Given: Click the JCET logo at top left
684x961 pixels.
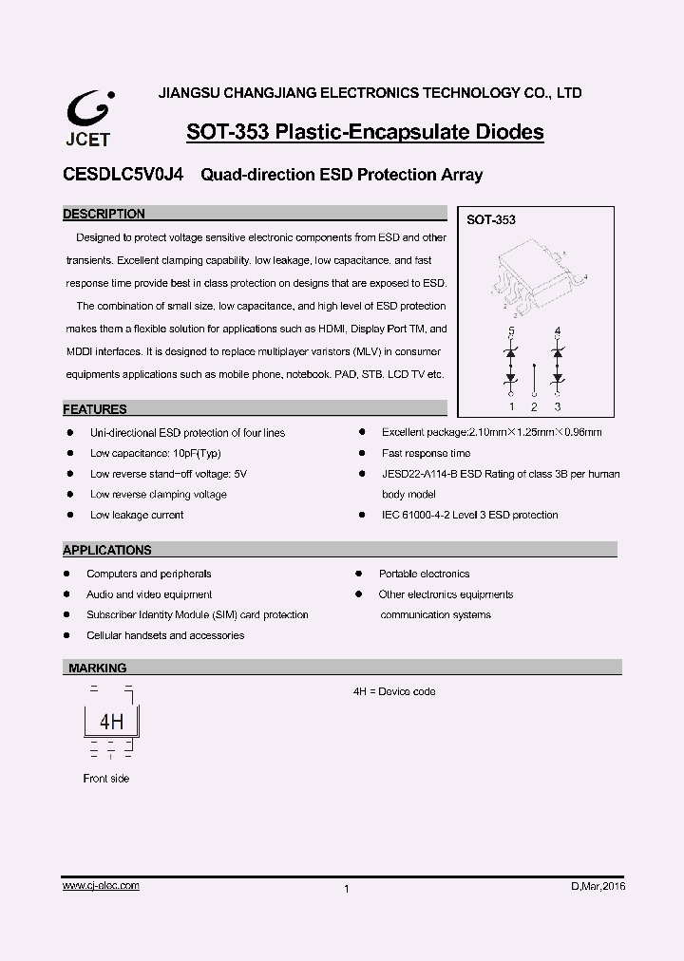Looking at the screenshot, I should [x=89, y=119].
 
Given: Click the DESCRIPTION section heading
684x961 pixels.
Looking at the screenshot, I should [x=104, y=214].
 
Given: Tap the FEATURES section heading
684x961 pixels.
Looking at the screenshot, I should [x=94, y=409].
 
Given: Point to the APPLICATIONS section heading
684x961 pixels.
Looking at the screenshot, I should [x=106, y=550].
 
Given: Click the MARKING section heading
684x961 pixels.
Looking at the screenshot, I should [x=97, y=668].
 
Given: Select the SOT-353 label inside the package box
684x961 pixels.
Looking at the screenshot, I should [x=490, y=219].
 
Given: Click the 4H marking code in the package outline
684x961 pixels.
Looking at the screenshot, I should [x=111, y=722].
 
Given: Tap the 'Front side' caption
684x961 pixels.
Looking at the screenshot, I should [x=105, y=779].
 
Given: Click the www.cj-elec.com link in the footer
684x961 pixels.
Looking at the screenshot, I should [x=101, y=885].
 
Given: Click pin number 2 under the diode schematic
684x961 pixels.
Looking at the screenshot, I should [x=534, y=406].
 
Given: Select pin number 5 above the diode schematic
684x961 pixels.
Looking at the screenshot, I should [x=511, y=330].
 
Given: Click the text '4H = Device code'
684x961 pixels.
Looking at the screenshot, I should [x=394, y=691].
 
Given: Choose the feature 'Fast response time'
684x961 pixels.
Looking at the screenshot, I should [x=426, y=453].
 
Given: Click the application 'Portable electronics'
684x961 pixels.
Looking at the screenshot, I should [x=424, y=574].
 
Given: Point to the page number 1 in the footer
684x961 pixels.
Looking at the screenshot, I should [x=346, y=889].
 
